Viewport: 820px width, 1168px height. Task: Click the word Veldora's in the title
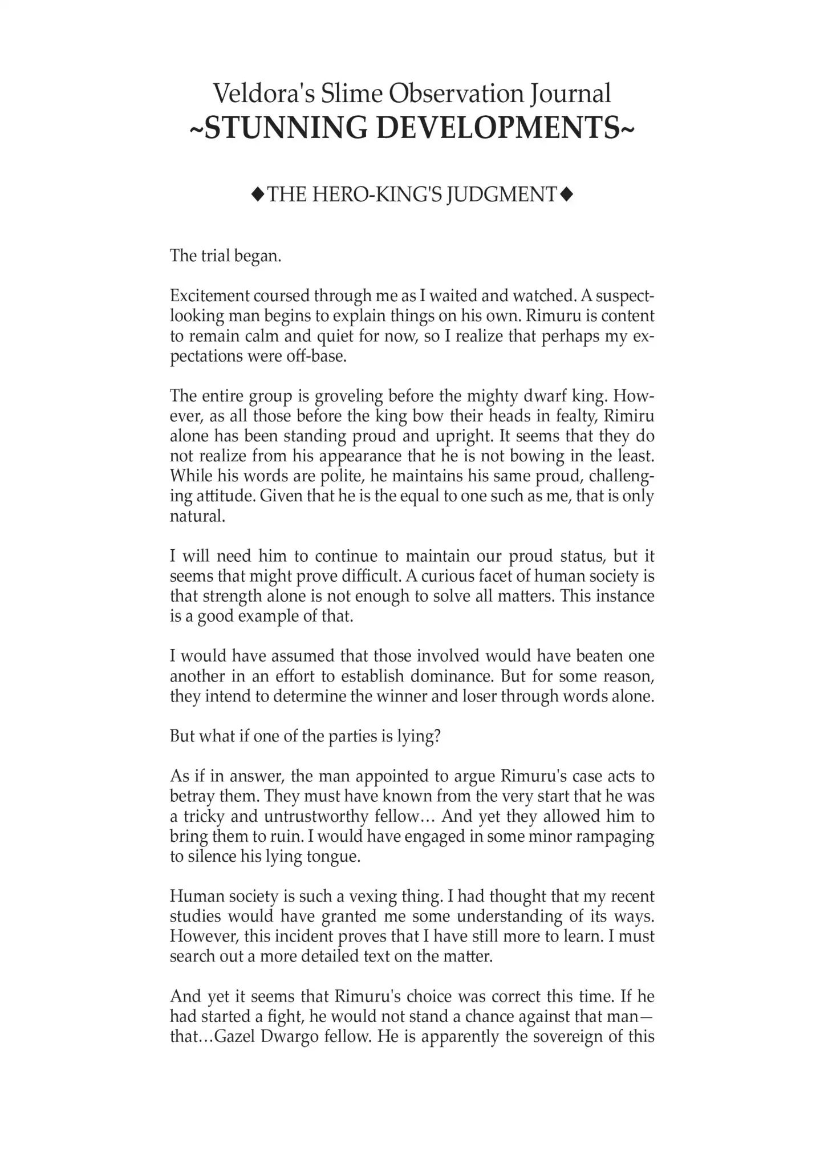[x=263, y=94]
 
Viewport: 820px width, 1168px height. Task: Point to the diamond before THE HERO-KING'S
[x=258, y=195]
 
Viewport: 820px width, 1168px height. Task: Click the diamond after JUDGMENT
[x=566, y=195]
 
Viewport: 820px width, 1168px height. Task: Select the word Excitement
[x=209, y=295]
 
